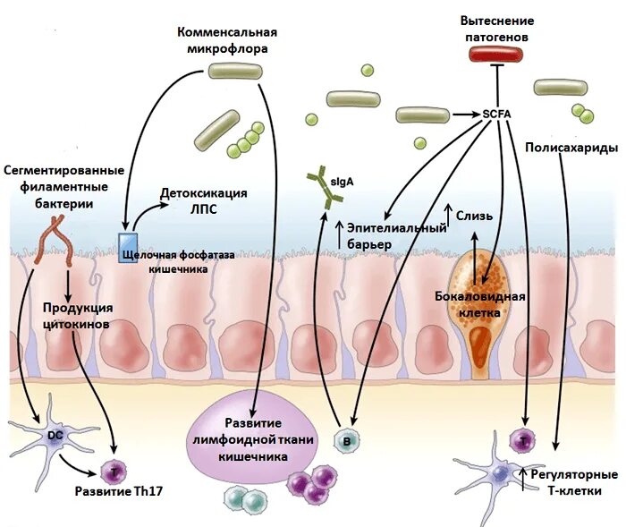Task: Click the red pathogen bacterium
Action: tap(496, 54)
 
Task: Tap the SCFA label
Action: tap(496, 114)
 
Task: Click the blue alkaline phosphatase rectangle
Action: tap(126, 244)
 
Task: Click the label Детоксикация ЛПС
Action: tap(203, 201)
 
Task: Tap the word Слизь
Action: tap(475, 215)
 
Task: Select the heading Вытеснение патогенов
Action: tap(496, 28)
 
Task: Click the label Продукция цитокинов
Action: tap(77, 316)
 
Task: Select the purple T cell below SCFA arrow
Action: tap(520, 439)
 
